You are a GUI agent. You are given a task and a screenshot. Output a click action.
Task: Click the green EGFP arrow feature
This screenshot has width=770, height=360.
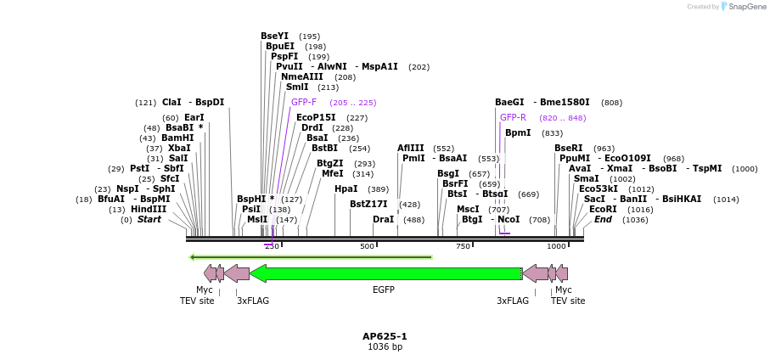[386, 273]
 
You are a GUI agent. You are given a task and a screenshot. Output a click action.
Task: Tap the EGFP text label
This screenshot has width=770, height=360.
[384, 290]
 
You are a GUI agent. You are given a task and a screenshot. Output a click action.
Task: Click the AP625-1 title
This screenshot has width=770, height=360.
[385, 336]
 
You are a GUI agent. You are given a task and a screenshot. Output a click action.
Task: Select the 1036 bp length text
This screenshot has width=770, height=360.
[385, 347]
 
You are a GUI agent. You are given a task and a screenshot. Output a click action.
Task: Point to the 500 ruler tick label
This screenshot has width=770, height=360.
[367, 246]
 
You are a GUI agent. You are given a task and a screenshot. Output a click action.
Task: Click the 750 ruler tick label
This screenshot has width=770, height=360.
[463, 246]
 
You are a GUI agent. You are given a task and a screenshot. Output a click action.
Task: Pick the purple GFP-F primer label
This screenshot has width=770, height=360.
[303, 102]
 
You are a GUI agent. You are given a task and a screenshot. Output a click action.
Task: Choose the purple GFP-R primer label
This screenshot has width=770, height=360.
[513, 117]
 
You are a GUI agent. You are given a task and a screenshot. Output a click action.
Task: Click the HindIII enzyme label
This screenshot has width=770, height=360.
[149, 209]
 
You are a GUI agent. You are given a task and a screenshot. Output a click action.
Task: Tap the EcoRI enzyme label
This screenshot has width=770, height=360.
[603, 209]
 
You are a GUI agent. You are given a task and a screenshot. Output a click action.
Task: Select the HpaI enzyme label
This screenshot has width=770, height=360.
[346, 188]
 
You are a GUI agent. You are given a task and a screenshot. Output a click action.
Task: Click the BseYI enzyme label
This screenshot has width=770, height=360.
[274, 36]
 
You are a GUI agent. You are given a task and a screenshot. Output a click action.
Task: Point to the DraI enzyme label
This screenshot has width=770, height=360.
[383, 219]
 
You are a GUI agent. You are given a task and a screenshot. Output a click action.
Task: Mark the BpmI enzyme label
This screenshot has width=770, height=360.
[518, 132]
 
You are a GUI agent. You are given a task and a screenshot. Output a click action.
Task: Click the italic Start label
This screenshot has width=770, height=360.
[149, 219]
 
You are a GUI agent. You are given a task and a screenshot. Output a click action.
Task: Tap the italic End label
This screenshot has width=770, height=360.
[603, 219]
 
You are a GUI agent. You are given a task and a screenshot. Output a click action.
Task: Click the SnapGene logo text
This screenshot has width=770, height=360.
[746, 7]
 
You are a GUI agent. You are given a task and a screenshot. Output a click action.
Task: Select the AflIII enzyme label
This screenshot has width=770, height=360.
[410, 148]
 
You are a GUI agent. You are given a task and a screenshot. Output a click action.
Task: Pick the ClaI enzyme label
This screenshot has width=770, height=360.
[171, 102]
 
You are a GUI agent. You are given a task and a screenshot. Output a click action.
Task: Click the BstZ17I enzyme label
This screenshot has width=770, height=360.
[368, 204]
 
